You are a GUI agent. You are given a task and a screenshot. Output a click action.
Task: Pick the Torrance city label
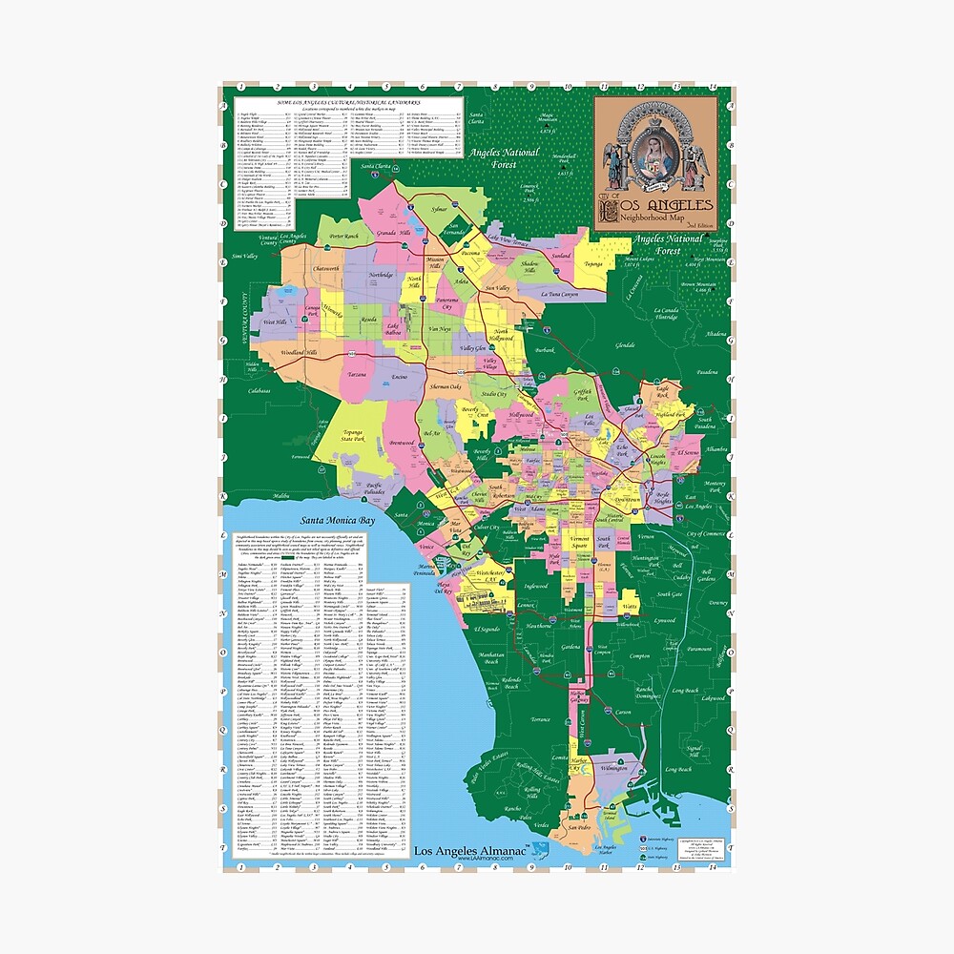tap(541, 718)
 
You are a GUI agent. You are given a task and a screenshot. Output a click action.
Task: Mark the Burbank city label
tap(543, 350)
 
